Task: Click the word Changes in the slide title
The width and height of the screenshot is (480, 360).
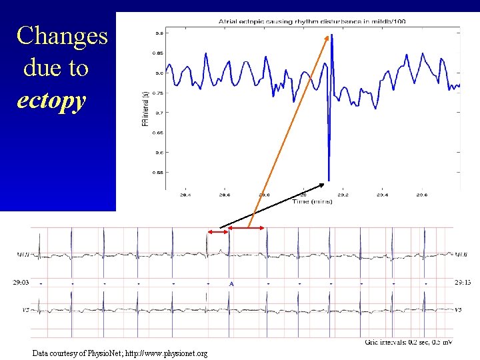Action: [x=62, y=35]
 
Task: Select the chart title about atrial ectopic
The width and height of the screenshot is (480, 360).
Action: [x=311, y=21]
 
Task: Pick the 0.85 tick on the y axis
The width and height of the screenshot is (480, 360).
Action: [x=161, y=53]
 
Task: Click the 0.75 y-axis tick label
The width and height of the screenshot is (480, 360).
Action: [x=161, y=93]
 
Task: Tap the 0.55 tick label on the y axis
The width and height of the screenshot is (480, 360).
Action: [x=161, y=172]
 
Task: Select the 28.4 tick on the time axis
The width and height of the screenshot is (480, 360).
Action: [x=185, y=195]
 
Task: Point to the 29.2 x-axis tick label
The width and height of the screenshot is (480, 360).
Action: [x=343, y=195]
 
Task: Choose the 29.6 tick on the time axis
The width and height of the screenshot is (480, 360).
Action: [x=421, y=195]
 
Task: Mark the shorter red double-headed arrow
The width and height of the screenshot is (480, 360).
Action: [x=217, y=231]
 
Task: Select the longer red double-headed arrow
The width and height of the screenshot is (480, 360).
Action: [x=247, y=229]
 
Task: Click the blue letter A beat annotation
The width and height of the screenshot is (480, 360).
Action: [x=231, y=283]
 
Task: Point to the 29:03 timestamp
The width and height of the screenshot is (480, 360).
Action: [x=21, y=283]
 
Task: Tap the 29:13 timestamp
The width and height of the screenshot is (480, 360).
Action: [x=463, y=283]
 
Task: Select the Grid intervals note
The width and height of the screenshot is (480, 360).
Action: [x=409, y=342]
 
